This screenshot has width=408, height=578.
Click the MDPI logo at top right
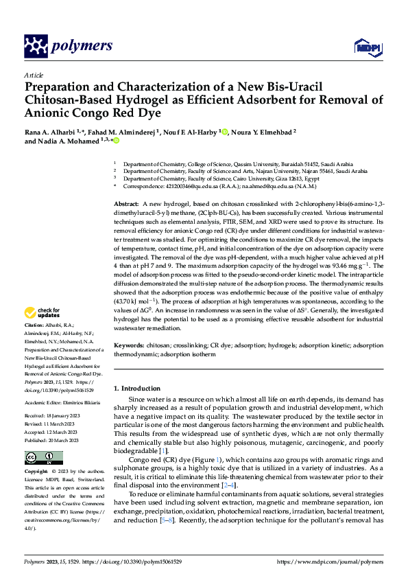[365, 46]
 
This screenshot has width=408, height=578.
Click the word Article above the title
[34, 75]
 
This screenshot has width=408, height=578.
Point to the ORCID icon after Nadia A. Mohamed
[116, 141]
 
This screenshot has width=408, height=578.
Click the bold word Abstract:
[127, 205]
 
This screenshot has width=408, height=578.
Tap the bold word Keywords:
[129, 346]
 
